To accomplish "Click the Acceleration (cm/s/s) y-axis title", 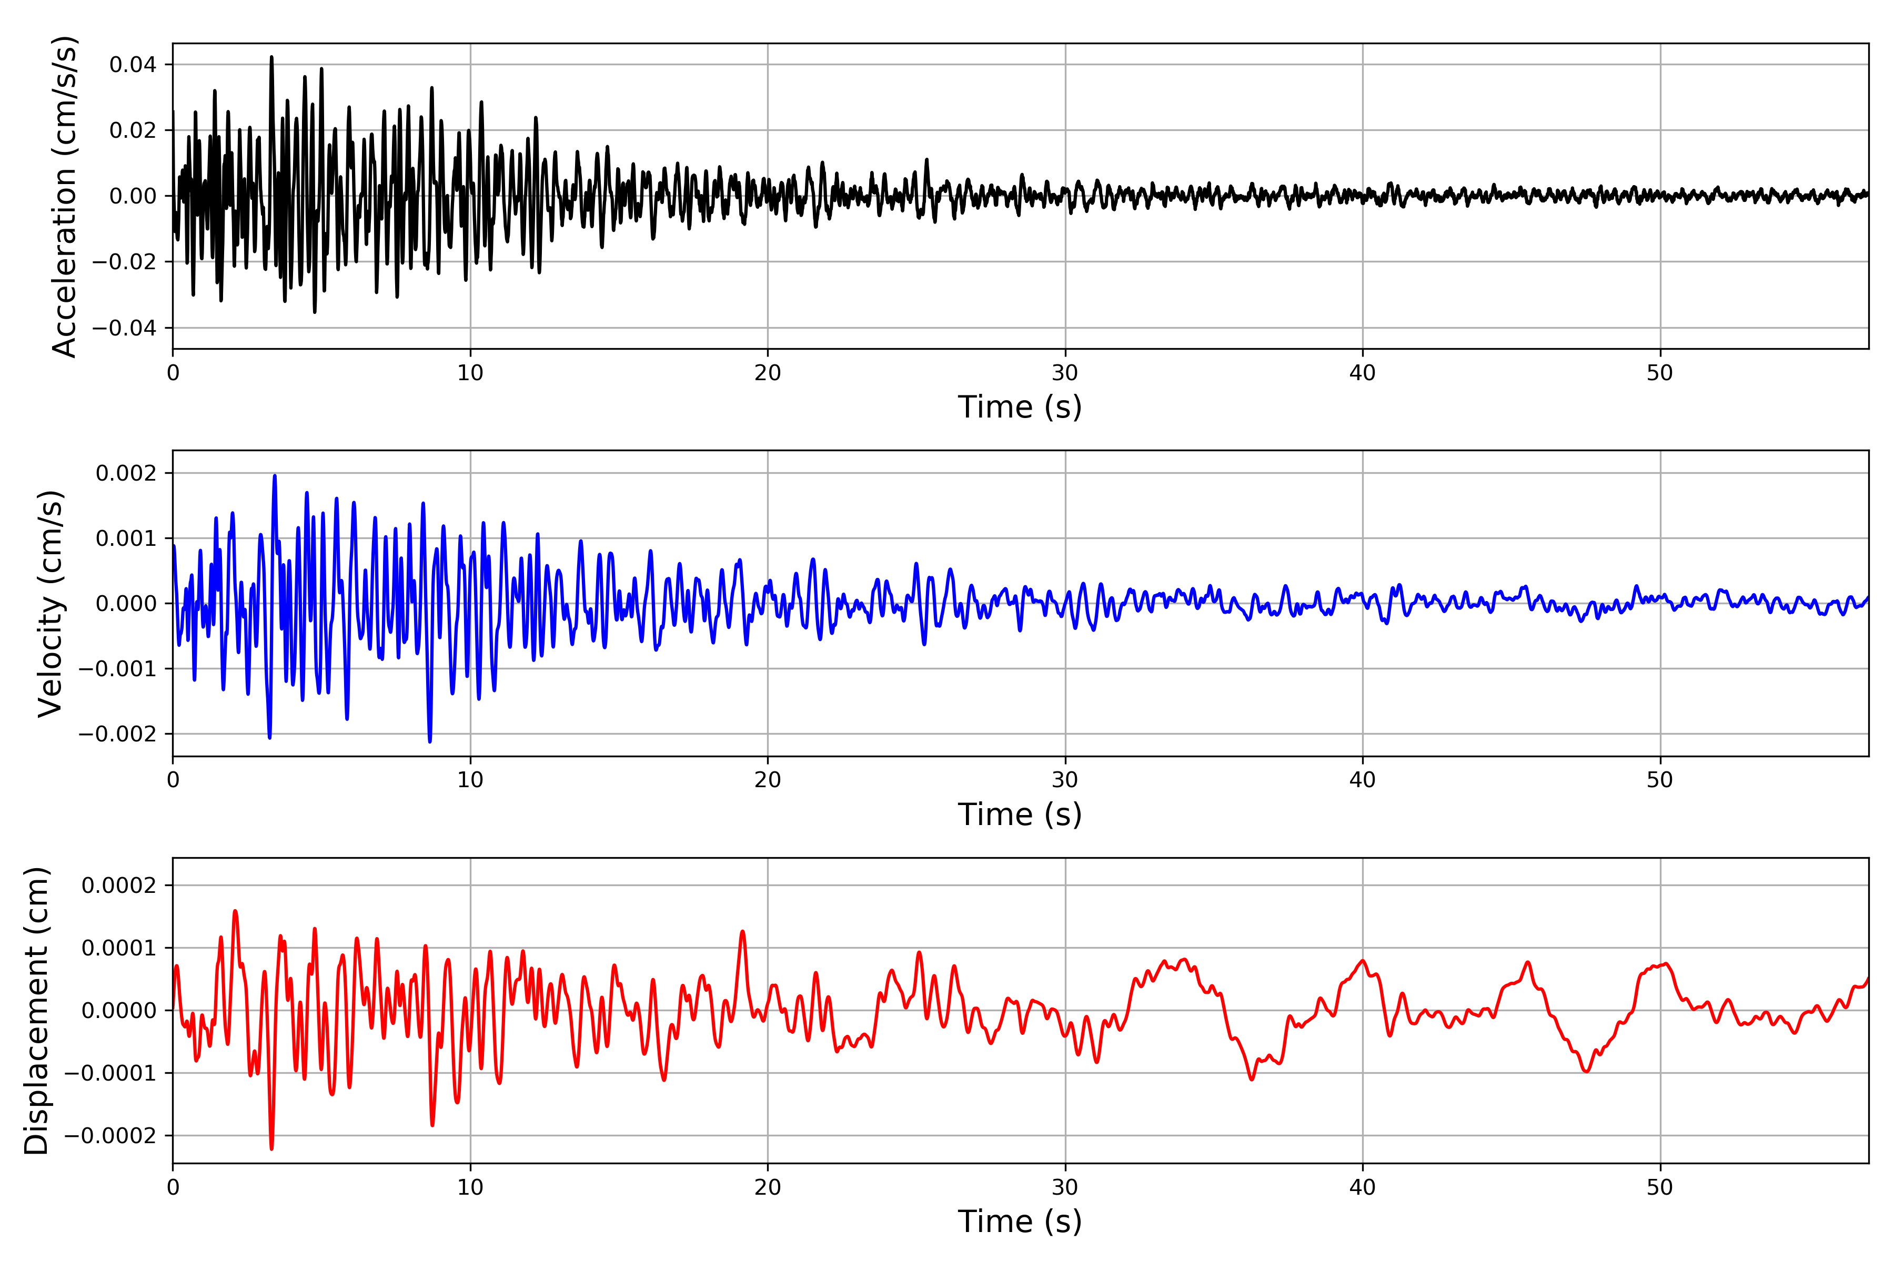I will tap(64, 196).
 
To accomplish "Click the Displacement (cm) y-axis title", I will tap(36, 1010).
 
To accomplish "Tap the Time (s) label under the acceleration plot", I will tap(1020, 407).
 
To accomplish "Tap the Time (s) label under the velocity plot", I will tap(1020, 815).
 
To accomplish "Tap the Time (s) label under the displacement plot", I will tap(1020, 1222).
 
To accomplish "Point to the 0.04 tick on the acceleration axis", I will tap(133, 64).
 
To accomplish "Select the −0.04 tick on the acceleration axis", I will tap(124, 328).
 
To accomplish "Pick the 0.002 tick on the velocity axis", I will tap(126, 473).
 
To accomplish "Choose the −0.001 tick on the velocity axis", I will tap(117, 669).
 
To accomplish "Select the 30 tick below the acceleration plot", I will tap(1064, 373).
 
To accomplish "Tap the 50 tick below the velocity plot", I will tap(1660, 780).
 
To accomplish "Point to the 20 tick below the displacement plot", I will tap(768, 1187).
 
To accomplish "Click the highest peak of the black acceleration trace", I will tap(271, 57).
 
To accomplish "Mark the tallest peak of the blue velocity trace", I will tap(275, 476).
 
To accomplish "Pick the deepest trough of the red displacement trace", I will tap(271, 1148).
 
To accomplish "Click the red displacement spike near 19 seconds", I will tap(742, 931).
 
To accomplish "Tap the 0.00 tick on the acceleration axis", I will tap(133, 196).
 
